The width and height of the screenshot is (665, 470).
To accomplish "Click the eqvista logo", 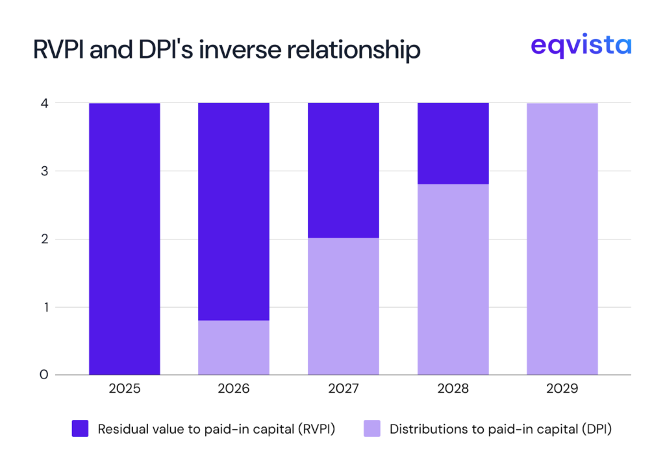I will click(580, 46).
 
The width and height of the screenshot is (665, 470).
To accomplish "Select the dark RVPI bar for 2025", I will click(124, 239).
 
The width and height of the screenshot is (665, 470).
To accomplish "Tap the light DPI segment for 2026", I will click(234, 347).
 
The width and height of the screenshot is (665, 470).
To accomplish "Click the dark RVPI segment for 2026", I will click(234, 211).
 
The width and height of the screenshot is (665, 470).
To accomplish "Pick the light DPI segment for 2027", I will click(343, 306).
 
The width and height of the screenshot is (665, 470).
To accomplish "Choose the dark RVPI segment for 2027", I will click(343, 170).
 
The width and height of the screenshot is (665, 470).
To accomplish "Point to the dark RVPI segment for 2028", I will click(453, 143).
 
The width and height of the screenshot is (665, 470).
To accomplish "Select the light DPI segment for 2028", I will click(453, 279).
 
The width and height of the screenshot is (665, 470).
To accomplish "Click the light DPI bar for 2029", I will click(562, 239).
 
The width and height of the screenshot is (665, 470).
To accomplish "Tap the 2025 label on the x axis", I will click(124, 390).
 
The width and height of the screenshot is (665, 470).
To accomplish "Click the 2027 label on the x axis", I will click(343, 390).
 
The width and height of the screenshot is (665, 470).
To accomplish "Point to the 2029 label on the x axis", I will click(562, 390).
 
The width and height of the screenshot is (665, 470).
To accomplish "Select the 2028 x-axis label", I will click(453, 390).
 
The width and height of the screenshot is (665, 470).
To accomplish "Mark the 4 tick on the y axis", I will click(44, 103).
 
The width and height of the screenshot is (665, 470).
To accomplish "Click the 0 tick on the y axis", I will click(44, 375).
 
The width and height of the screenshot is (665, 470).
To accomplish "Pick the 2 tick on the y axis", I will click(44, 239).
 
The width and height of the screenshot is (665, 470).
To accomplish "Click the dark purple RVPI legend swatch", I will click(80, 428).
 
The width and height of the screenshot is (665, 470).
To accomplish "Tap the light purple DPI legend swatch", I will click(371, 428).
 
